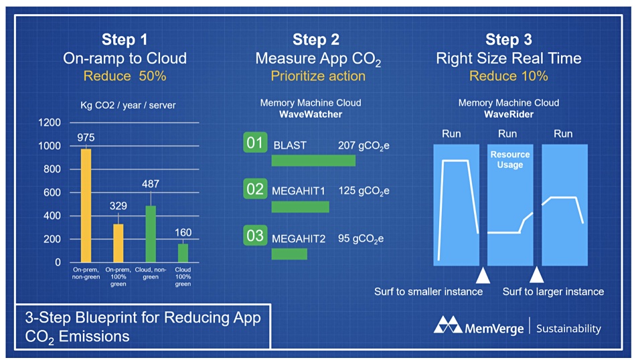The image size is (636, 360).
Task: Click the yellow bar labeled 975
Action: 86,205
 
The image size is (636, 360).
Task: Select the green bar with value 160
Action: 183,253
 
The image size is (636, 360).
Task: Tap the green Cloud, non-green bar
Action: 151,234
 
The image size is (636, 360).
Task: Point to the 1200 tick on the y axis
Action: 49,122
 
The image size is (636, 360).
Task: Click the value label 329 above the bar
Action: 118,206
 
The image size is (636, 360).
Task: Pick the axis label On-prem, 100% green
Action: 118,277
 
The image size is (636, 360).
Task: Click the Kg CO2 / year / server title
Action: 128,106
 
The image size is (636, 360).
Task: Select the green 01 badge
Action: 255,143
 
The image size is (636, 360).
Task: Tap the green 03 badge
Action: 255,235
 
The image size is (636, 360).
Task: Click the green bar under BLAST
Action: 313,161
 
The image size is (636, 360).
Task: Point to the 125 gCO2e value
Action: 364,191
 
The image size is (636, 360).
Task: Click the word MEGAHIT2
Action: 299,239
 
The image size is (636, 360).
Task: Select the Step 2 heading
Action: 316,39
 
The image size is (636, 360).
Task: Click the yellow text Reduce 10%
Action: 509,76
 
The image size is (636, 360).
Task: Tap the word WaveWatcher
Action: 311,114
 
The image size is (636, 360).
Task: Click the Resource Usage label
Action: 510,159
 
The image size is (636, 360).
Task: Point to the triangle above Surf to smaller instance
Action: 483,275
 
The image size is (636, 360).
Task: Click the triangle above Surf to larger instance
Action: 537,275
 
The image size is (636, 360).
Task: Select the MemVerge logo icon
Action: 448,325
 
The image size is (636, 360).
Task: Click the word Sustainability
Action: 568,329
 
